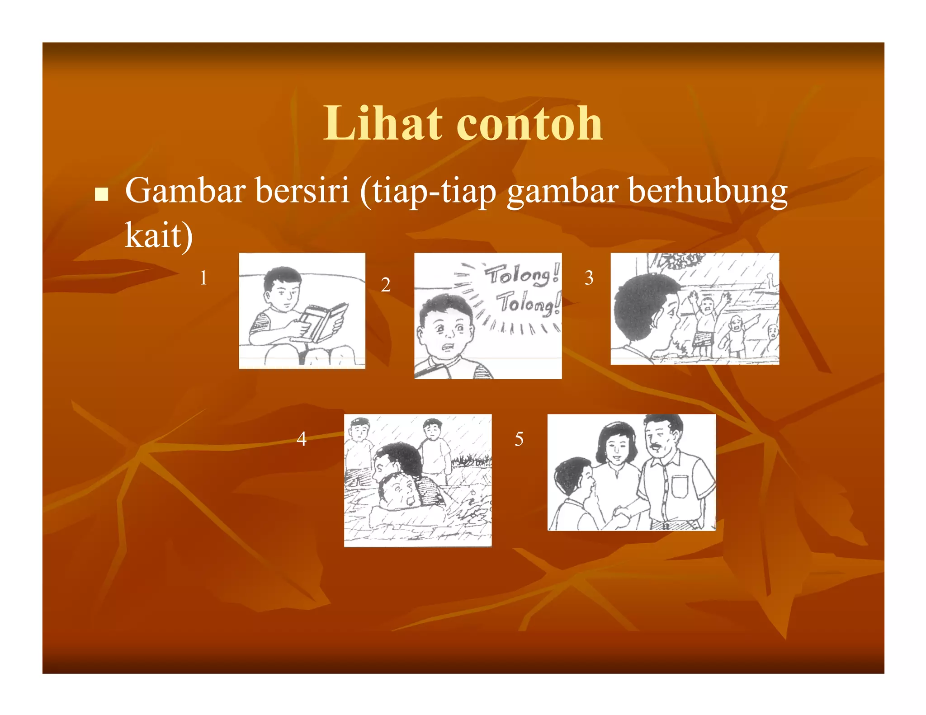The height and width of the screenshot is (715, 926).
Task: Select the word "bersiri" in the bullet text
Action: point(302,191)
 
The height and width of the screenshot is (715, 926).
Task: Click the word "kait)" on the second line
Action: point(159,235)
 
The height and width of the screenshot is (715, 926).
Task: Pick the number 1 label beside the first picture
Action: point(203,278)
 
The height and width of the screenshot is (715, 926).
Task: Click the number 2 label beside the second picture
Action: point(385,285)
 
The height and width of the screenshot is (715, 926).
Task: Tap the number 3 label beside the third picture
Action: point(589,278)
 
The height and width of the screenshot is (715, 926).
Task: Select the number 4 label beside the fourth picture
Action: point(302,438)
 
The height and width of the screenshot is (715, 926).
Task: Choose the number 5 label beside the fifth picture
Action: point(519,439)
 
